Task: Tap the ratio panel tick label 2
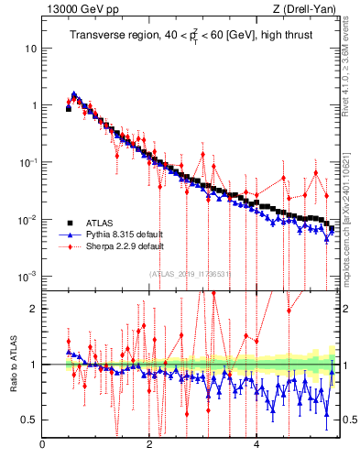click(34, 308)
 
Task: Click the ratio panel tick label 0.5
click(29, 420)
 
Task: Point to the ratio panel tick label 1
click(34, 364)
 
